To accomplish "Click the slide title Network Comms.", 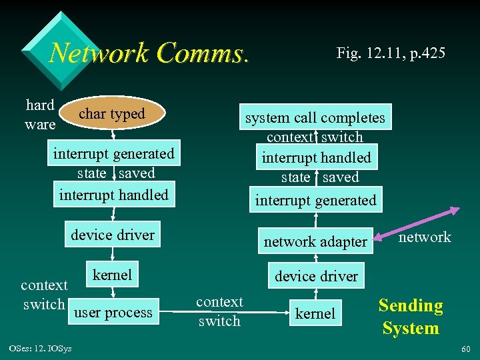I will (149, 53).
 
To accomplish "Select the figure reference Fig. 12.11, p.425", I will (391, 53).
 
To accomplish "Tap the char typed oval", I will (111, 114).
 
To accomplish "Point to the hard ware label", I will (40, 114).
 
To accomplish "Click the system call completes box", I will (315, 118).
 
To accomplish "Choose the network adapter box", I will (315, 241).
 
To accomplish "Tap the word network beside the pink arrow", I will (425, 237).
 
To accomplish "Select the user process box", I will (113, 312).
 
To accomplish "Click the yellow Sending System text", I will (410, 317).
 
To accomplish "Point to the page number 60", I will (465, 349).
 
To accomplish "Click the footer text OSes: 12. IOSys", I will (41, 349).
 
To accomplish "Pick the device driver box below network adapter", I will (316, 276).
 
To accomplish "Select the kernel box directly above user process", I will (112, 275).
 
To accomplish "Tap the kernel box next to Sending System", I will (315, 313).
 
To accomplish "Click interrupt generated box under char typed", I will (113, 153).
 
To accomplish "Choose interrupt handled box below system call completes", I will (316, 158).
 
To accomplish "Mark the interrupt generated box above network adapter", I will (315, 200).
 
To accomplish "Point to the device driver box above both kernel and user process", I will (113, 235).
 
